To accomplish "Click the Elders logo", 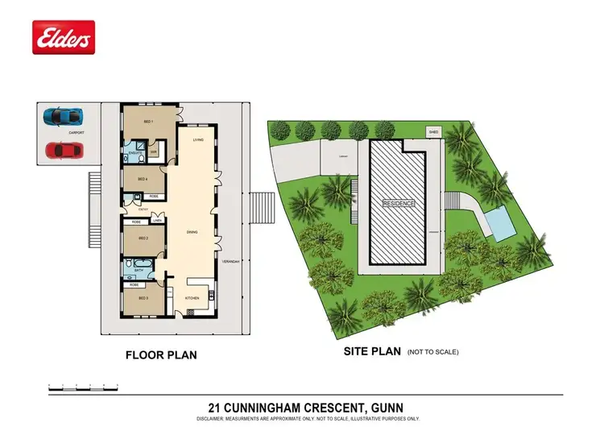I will (x=64, y=37).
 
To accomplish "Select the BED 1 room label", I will (x=148, y=122).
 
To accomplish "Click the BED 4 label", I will (x=142, y=179).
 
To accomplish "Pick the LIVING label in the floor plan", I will (x=197, y=141).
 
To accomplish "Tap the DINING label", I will (x=192, y=233).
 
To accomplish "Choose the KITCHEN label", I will (x=192, y=298).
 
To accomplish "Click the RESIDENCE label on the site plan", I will (x=399, y=204).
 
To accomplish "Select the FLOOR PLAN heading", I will (x=161, y=354).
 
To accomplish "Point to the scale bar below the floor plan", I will (x=80, y=388).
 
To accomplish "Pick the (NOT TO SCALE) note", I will (x=433, y=352).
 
